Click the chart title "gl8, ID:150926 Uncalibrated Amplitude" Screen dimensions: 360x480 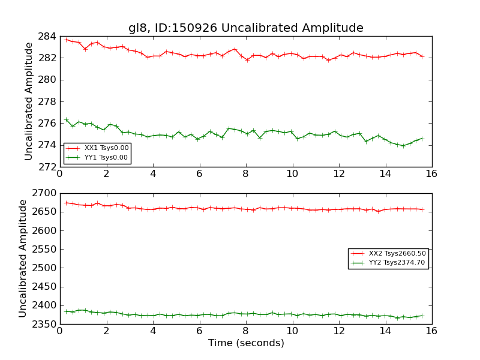point(245,28)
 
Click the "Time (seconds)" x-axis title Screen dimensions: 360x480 point(246,343)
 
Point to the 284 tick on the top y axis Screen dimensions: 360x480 point(48,37)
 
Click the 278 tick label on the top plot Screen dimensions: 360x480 point(48,101)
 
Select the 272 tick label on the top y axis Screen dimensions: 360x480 point(48,167)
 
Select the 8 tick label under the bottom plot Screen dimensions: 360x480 point(245,331)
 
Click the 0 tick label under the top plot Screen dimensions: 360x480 point(59,174)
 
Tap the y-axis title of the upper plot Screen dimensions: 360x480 point(29,101)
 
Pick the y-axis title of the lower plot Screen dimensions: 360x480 point(23,259)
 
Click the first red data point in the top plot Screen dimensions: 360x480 point(66,40)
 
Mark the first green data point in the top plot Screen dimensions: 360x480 point(66,119)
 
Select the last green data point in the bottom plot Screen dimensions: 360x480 point(422,316)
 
